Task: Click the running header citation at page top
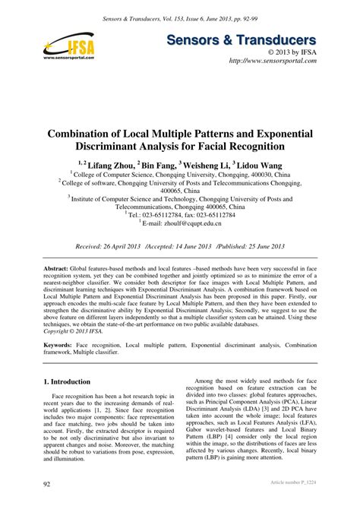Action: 180,8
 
